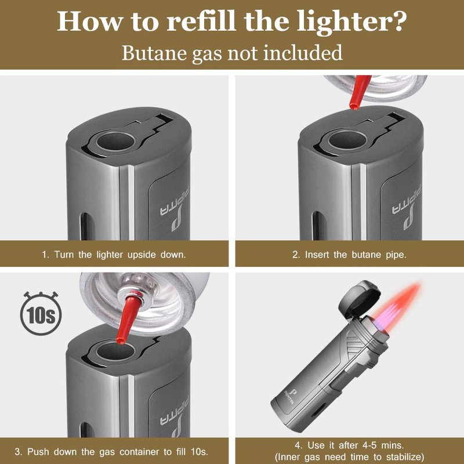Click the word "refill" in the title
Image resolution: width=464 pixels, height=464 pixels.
click(x=201, y=21)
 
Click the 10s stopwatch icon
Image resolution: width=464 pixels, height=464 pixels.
click(x=41, y=313)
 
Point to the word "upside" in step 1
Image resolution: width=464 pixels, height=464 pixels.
click(x=142, y=255)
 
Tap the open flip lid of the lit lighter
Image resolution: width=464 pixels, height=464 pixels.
click(x=359, y=299)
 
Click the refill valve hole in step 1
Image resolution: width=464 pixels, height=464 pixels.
click(x=116, y=141)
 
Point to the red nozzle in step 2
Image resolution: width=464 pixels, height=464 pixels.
click(x=358, y=92)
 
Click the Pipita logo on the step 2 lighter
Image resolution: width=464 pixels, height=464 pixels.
click(x=408, y=208)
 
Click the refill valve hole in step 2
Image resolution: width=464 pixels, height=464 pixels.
click(x=348, y=140)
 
